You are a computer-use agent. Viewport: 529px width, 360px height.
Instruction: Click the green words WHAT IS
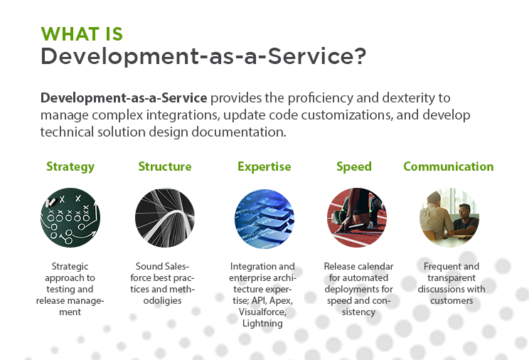(82, 34)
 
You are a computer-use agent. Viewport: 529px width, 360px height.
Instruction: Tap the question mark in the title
(360, 55)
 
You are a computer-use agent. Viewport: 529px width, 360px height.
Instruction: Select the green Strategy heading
(70, 166)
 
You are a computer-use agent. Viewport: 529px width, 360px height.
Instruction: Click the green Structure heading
(165, 166)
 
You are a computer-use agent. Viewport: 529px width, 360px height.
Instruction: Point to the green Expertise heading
(264, 166)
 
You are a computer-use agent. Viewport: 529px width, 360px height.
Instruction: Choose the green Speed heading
(354, 166)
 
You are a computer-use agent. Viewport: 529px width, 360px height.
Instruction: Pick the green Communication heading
(449, 166)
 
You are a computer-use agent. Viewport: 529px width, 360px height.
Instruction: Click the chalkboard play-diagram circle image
(70, 218)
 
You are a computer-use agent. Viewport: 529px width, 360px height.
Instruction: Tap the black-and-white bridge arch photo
(165, 218)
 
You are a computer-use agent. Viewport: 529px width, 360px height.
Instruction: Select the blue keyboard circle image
(264, 218)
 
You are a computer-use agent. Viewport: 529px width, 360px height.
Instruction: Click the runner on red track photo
(357, 218)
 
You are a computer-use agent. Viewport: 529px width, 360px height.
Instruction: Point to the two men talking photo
(449, 218)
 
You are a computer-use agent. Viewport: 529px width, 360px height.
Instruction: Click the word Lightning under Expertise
(262, 324)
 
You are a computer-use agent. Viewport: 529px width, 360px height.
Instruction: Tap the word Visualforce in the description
(262, 312)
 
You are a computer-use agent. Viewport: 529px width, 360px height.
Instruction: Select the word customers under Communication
(451, 300)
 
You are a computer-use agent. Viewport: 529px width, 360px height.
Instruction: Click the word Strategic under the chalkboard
(70, 267)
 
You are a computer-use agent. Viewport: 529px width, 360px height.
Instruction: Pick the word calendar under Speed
(376, 267)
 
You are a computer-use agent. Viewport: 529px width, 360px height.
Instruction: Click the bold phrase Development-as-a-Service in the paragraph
(124, 98)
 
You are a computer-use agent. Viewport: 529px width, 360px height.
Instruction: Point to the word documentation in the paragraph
(238, 132)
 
